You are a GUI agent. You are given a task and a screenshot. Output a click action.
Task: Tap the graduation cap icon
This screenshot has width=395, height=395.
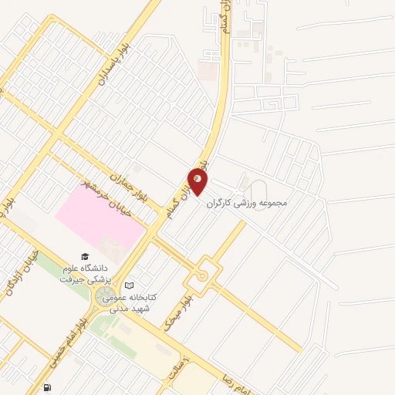(x=83, y=257)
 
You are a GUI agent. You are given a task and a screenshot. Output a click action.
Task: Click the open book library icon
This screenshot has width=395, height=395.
(x=129, y=285)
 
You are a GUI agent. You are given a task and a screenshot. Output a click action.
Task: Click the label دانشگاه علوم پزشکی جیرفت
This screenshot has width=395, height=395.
(x=86, y=273)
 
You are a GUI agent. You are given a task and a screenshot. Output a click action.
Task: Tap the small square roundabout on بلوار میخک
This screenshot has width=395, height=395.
(x=202, y=272)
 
